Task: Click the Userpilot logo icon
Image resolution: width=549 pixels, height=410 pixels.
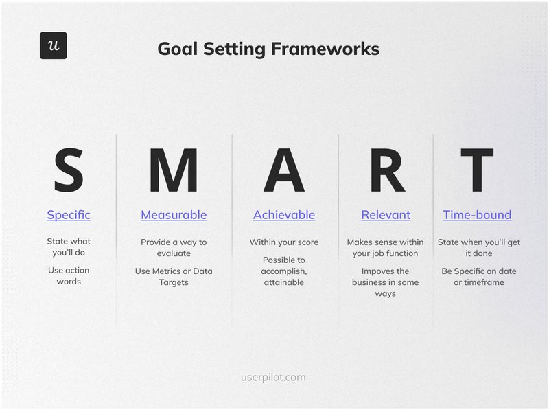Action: (53, 45)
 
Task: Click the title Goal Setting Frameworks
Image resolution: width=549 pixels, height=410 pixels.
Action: (268, 49)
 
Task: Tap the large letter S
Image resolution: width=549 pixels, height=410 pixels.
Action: (69, 170)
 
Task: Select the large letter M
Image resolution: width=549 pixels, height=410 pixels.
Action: (173, 170)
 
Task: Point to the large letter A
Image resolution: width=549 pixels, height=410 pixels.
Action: (283, 170)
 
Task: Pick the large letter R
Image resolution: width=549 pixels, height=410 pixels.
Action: (386, 170)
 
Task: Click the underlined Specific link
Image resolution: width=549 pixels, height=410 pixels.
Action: (69, 215)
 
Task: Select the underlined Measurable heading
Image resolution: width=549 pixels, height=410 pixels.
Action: (174, 215)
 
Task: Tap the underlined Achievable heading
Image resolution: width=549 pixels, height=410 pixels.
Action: (284, 215)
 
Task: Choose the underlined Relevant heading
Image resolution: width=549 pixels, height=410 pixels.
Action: (386, 215)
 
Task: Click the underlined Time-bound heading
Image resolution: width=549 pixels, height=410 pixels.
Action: (477, 215)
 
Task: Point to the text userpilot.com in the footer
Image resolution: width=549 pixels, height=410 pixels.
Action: (273, 377)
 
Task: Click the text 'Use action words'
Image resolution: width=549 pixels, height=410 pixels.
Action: (69, 275)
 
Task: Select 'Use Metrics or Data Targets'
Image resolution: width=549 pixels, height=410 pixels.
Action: (174, 277)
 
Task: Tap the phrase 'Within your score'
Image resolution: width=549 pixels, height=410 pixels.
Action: (284, 242)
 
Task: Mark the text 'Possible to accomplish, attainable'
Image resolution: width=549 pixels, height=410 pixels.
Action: (284, 271)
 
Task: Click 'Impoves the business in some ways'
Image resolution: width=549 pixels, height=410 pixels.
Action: (386, 282)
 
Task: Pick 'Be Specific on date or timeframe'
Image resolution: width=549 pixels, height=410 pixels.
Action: (478, 277)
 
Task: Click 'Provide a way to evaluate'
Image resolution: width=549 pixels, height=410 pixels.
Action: (174, 248)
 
